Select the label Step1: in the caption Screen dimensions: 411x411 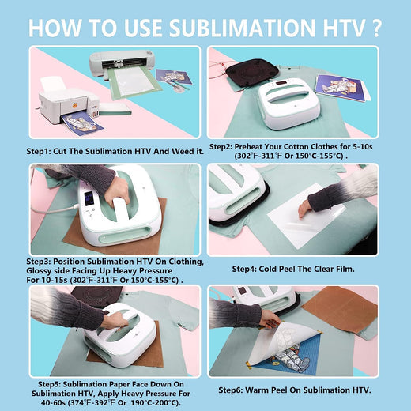pyautogui.click(x=44, y=148)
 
